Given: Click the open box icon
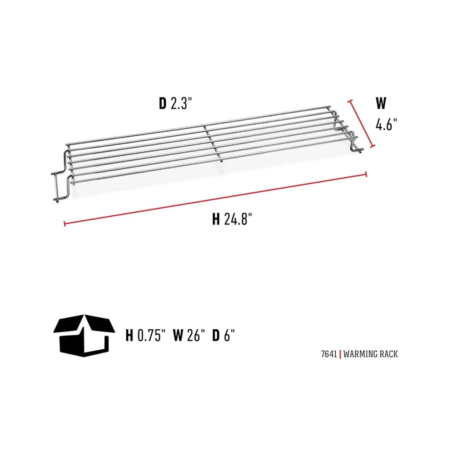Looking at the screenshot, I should point(84,335).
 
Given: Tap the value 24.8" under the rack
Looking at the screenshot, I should point(238,219).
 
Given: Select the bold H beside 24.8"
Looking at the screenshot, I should point(215,219).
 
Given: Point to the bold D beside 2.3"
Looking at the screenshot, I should point(163,103).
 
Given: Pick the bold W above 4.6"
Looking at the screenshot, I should point(381,103).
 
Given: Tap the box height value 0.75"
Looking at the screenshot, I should point(151,336).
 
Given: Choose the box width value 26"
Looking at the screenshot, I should point(196,336).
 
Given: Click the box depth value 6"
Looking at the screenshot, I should point(229,336).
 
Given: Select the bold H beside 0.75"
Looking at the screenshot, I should point(130,336).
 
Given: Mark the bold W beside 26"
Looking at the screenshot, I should point(178,336).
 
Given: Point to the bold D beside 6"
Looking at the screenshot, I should point(215,336).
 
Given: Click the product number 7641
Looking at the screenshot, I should point(329,354).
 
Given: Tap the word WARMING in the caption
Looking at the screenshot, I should point(361,354).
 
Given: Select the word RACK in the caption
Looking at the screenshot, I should point(389,354).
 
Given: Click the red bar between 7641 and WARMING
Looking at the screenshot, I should point(341,354).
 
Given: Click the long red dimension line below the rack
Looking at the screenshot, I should point(215,199).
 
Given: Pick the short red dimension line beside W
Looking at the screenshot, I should point(361,123).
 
